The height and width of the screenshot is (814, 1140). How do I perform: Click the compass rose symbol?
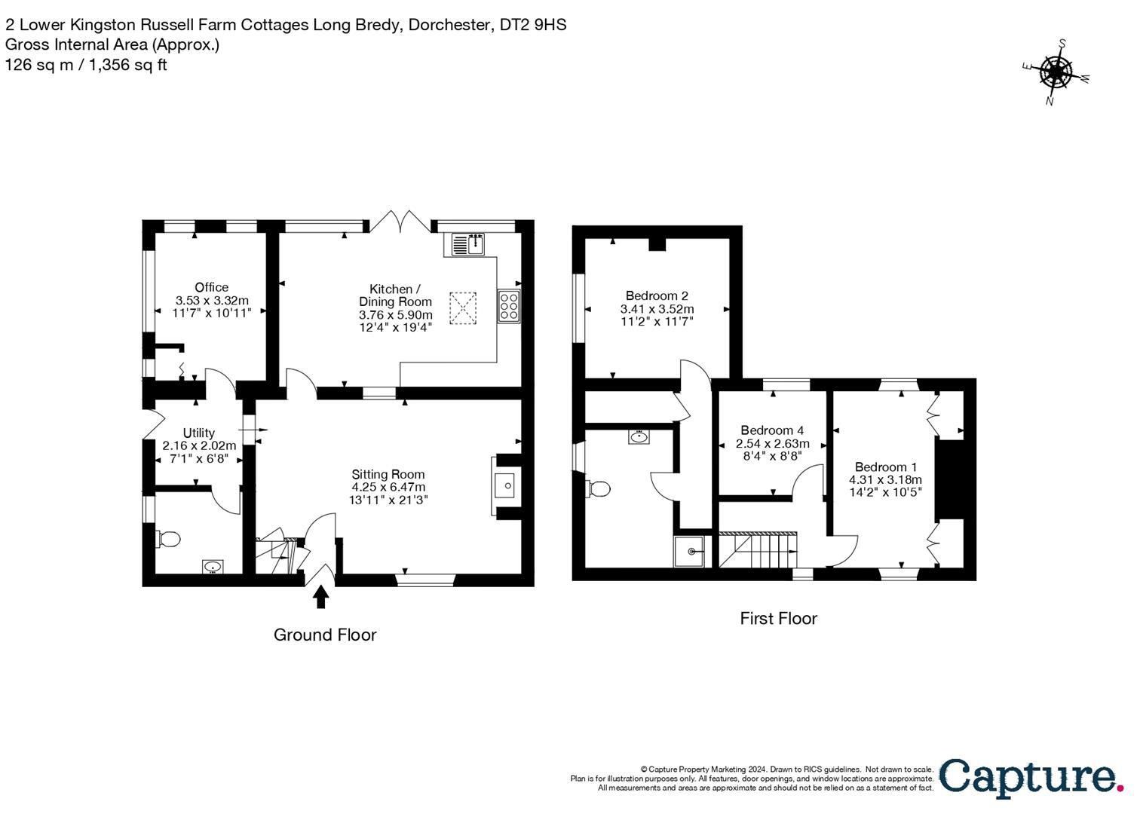coord(1056,72)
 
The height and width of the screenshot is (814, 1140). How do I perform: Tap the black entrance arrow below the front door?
coord(321,597)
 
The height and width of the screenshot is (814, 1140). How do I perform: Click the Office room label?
coord(211,287)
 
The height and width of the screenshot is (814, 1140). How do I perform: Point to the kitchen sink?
coord(469,244)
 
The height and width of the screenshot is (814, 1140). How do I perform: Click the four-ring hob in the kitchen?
coord(508,307)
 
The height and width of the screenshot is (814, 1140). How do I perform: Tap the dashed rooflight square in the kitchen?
coord(464,308)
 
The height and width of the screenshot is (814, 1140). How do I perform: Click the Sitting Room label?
coord(388,474)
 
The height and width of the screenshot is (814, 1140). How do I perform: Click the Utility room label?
coord(199,433)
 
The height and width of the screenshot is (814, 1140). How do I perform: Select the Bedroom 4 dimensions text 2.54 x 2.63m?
coord(772,443)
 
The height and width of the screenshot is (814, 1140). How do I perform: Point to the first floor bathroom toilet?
coord(599,489)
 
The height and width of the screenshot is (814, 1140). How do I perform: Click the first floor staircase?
coord(757,550)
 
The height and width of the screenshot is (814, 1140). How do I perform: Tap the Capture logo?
coord(1030,777)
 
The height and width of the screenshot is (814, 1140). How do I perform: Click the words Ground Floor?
coord(324,635)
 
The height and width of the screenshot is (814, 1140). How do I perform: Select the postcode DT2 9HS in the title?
coord(532,25)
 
